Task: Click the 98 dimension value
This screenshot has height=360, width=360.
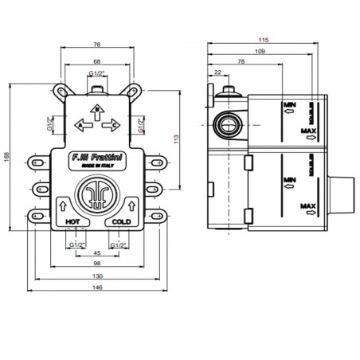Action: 96,264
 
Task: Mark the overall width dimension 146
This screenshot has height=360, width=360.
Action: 96,288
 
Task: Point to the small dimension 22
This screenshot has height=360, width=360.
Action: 218,73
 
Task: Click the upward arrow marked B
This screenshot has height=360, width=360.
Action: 96,111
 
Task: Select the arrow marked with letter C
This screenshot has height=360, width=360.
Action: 112,124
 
